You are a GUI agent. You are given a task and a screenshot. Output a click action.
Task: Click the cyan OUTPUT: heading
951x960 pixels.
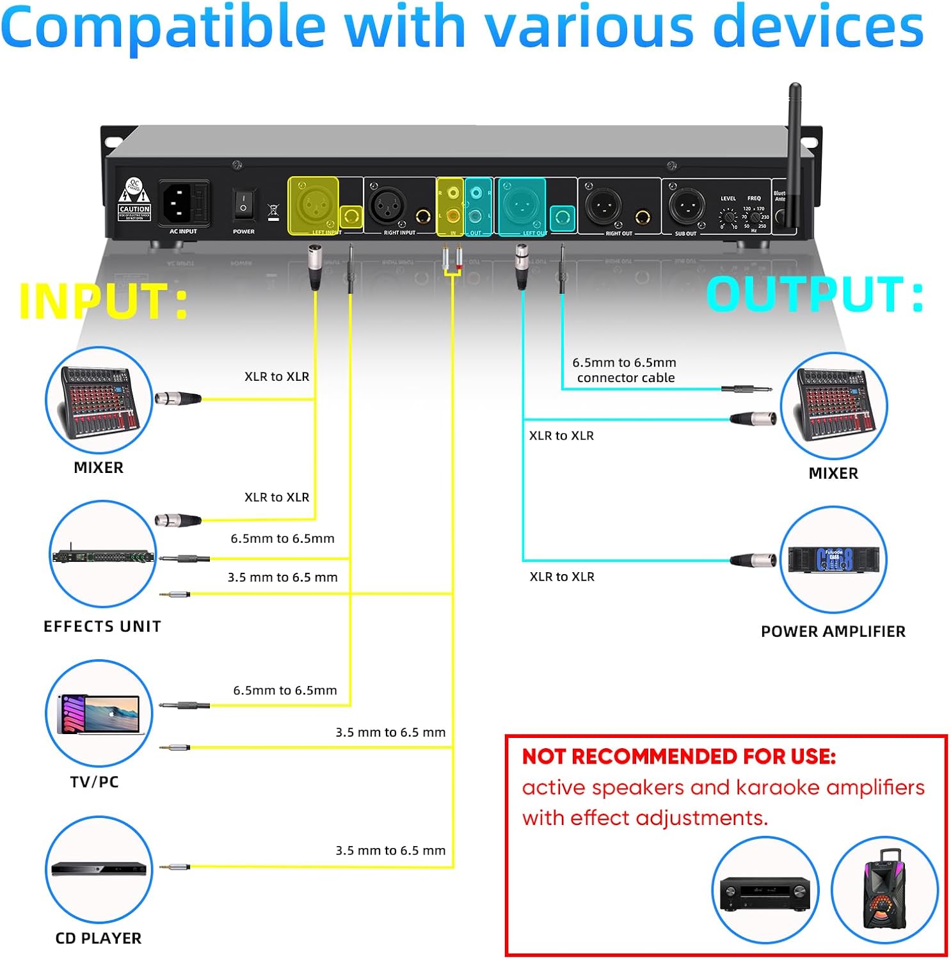(814, 295)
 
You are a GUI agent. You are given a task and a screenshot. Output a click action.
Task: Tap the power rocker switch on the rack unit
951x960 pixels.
(243, 204)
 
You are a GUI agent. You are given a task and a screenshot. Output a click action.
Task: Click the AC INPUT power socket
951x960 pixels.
(183, 202)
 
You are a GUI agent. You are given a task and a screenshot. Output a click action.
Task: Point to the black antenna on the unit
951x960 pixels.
(794, 154)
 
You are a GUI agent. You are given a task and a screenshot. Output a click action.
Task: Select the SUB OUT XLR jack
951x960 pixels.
(685, 206)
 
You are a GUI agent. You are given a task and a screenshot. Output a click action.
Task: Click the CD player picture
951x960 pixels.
(99, 868)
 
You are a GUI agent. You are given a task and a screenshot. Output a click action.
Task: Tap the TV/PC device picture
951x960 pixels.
(99, 713)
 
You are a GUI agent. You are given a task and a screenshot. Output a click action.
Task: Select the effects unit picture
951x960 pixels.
(103, 555)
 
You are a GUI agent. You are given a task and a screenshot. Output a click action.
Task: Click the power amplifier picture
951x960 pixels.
(833, 559)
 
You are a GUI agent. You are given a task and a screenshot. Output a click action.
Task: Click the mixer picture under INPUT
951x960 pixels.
(99, 401)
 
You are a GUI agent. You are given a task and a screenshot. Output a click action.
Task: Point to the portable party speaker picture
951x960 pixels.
(884, 890)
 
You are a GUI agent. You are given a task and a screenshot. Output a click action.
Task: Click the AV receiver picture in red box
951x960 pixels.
(765, 890)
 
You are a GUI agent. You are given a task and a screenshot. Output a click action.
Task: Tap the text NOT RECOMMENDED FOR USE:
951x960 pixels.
(679, 756)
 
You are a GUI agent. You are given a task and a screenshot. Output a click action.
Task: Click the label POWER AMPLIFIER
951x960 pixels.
(833, 632)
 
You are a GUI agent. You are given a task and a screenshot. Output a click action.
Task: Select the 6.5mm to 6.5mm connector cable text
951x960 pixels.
(625, 371)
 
